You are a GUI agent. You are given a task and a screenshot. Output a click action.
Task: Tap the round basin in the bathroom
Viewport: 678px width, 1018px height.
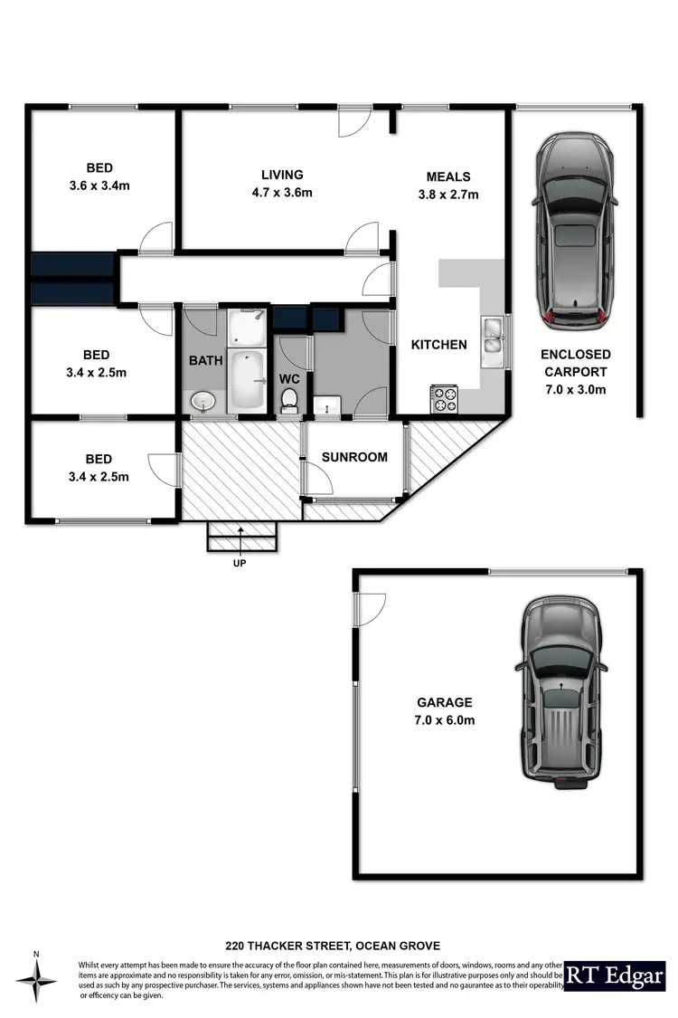(202, 400)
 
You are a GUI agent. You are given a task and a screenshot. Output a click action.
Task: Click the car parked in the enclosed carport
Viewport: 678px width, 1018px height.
(572, 232)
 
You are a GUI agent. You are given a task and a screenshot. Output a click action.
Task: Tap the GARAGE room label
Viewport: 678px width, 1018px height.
(444, 702)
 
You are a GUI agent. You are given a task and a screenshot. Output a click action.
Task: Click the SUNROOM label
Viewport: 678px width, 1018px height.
(354, 457)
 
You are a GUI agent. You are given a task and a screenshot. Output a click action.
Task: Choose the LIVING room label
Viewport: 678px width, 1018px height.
(282, 175)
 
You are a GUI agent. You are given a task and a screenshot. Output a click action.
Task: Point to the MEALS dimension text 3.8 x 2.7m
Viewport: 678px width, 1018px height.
(448, 195)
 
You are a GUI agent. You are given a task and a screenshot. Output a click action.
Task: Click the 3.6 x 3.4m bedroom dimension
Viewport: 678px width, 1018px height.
(99, 186)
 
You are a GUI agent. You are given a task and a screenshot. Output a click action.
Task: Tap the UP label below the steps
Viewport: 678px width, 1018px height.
(240, 563)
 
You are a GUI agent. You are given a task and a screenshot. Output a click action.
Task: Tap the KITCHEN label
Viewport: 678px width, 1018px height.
(438, 345)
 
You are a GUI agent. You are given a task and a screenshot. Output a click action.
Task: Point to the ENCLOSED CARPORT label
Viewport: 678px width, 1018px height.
(575, 363)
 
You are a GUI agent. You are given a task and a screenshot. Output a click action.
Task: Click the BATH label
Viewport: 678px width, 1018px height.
(205, 360)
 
